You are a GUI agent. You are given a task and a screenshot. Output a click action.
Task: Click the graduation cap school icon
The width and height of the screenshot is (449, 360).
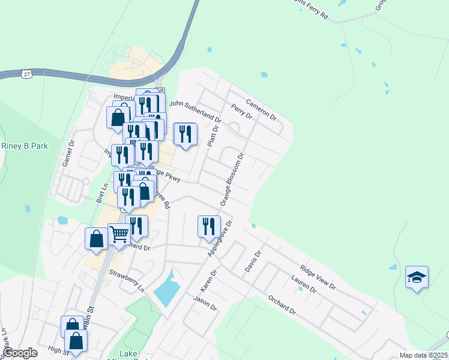coord(417,277)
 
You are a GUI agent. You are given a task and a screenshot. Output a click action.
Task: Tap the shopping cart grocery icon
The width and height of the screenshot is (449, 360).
coord(119,235)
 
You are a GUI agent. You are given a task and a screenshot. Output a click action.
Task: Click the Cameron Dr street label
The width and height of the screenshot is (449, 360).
coord(261,107)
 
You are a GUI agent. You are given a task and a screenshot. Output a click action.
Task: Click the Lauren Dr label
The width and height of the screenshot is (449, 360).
coord(303,284)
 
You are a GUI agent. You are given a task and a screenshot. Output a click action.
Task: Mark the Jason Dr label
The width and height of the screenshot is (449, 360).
coord(205,302)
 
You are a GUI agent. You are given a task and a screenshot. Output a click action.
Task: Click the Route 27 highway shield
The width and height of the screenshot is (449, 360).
coord(26,73)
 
